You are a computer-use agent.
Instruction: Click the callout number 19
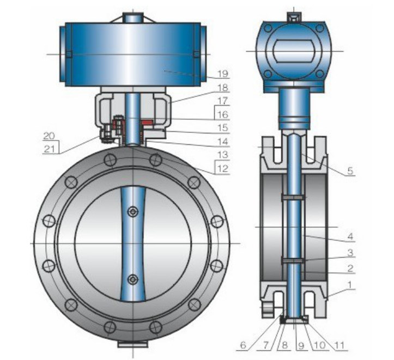coord(223,74)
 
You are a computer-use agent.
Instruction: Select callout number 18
coord(223,88)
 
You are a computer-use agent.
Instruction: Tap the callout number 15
coord(223,128)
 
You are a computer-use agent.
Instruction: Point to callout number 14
coord(223,142)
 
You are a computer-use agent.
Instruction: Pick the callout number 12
coord(223,168)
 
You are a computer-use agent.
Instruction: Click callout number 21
coord(49,149)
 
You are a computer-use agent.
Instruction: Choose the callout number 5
coord(350,170)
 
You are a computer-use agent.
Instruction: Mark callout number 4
coord(350,236)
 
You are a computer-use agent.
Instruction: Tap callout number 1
coord(349,285)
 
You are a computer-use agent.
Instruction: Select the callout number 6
coord(243,345)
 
